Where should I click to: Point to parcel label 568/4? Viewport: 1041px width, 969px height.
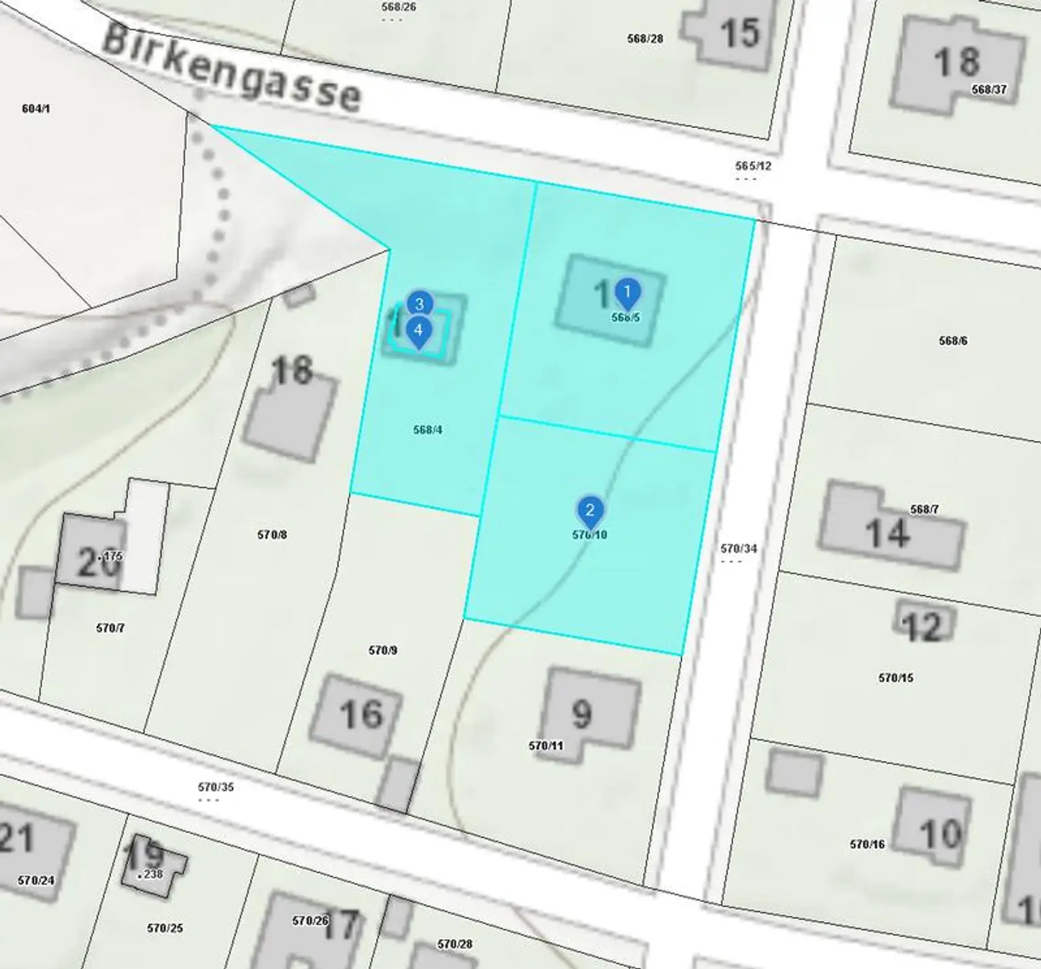(428, 430)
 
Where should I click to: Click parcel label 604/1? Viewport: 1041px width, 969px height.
(36, 108)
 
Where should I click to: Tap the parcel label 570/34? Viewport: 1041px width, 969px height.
(739, 548)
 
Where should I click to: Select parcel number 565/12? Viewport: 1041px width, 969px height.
(753, 166)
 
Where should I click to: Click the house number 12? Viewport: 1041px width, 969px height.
(922, 627)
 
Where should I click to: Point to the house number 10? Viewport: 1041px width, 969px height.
(941, 833)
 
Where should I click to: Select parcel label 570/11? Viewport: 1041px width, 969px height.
(546, 745)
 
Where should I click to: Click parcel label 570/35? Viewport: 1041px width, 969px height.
(216, 787)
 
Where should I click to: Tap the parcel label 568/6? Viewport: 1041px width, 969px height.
(953, 340)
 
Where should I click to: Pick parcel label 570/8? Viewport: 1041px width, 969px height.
(272, 535)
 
